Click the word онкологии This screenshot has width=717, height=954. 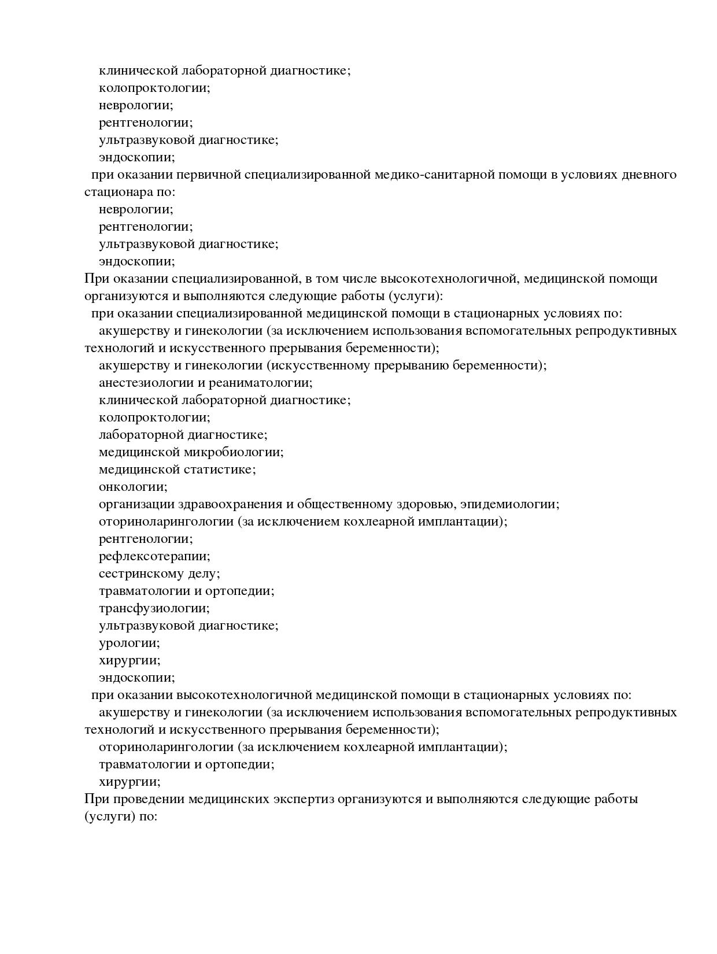[x=133, y=487]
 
